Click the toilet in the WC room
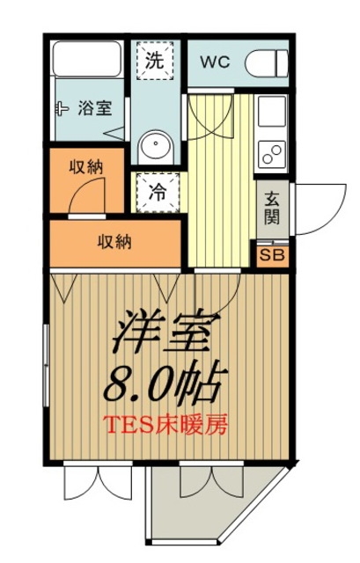pyautogui.click(x=267, y=63)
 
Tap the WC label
pyautogui.click(x=216, y=62)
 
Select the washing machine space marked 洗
pyautogui.click(x=155, y=60)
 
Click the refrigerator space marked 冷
pyautogui.click(x=158, y=193)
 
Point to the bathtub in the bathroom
pyautogui.click(x=87, y=59)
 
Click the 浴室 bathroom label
pyautogui.click(x=95, y=108)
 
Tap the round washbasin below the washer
pyautogui.click(x=156, y=147)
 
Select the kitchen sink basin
pyautogui.click(x=272, y=112)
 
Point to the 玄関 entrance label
pyautogui.click(x=272, y=208)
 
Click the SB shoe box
pyautogui.click(x=272, y=255)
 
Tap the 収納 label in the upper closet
pyautogui.click(x=86, y=167)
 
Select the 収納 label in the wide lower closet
pyautogui.click(x=115, y=243)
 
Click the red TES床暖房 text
pyautogui.click(x=165, y=426)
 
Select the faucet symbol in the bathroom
pyautogui.click(x=62, y=108)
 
